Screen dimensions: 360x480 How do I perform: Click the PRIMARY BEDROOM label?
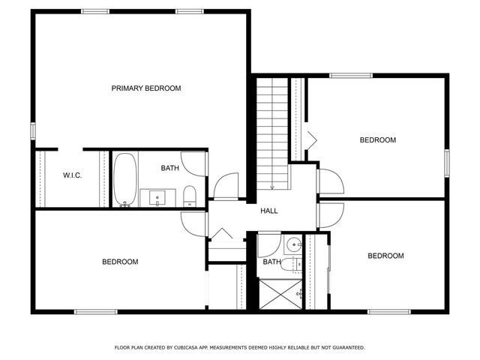(x=146, y=88)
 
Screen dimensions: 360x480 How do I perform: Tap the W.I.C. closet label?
(x=72, y=175)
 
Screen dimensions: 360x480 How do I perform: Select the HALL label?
(x=269, y=211)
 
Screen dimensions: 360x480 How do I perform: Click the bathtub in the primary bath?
(x=124, y=180)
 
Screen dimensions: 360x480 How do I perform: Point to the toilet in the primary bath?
(x=189, y=196)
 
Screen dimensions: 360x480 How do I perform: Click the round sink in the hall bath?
(x=293, y=244)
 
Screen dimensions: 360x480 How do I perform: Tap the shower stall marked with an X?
(x=280, y=293)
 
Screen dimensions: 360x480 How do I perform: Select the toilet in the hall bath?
(x=296, y=263)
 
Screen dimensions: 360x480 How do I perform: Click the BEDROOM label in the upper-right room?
(x=377, y=140)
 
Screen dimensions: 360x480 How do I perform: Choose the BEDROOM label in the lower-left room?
(x=120, y=262)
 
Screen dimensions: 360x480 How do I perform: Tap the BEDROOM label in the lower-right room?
(x=385, y=256)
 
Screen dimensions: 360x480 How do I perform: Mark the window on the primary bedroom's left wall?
(x=33, y=130)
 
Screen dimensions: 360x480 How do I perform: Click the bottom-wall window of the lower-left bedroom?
(x=96, y=311)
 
